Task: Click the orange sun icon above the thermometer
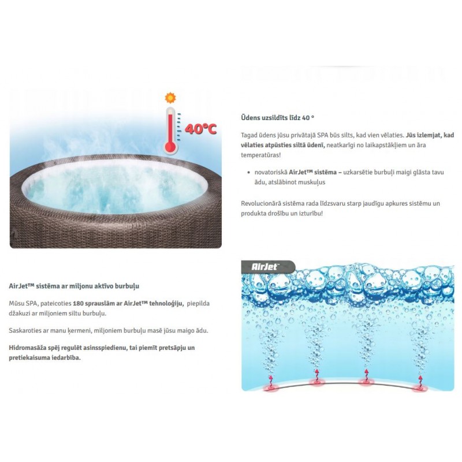click(x=170, y=98)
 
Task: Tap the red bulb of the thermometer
click(x=170, y=147)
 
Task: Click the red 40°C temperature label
click(x=200, y=129)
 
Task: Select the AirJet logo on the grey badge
click(x=264, y=267)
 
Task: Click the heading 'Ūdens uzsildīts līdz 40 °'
click(x=278, y=118)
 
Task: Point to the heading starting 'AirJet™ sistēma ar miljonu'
click(x=74, y=286)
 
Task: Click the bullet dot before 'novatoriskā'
click(x=249, y=172)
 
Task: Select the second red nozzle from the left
click(x=316, y=382)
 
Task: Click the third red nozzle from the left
click(x=366, y=382)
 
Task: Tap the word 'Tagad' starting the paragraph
click(x=249, y=135)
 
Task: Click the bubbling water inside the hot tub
click(x=115, y=189)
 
